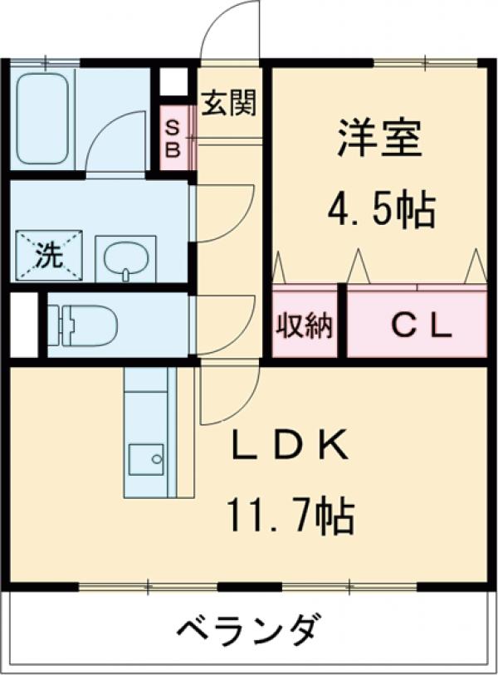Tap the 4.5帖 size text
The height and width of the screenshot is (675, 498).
pos(381,211)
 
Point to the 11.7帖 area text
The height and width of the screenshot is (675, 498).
pos(290,517)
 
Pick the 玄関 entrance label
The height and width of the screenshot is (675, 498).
pos(227,103)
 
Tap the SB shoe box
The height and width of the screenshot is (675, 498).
pos(173,137)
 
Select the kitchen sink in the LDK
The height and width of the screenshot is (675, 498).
pos(146,458)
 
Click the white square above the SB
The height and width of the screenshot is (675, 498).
pos(173,82)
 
